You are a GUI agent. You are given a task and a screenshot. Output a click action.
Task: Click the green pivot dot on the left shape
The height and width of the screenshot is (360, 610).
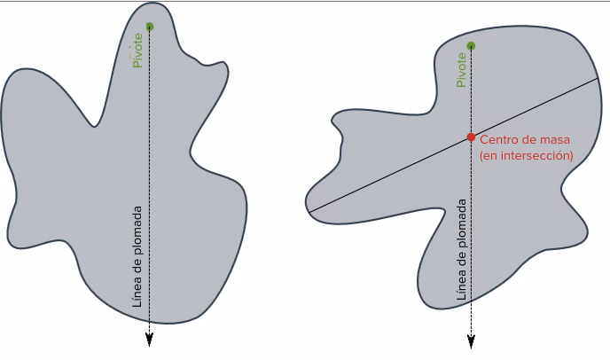150,27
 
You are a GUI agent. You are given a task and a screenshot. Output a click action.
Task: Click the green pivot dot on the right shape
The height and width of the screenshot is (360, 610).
471,46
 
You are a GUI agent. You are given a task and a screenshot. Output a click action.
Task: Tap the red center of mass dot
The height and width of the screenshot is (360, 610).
471,137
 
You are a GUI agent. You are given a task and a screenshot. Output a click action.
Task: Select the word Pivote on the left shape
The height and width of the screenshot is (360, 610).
137,51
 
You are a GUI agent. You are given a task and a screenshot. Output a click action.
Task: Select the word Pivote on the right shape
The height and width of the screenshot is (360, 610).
461,70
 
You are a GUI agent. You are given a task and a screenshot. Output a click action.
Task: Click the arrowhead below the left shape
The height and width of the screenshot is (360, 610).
149,340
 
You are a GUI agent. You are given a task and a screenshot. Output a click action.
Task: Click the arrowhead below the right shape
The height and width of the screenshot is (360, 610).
471,340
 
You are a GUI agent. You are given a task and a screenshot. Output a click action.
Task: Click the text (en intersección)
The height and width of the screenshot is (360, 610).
527,156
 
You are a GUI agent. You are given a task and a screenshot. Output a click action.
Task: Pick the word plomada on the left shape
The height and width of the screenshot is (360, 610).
137,230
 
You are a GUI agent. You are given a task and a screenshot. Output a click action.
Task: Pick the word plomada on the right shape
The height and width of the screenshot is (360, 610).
461,223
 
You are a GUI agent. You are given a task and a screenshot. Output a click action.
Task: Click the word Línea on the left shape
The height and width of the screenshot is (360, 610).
137,292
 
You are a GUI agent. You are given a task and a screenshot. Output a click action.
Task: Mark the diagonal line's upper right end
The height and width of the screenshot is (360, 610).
598,79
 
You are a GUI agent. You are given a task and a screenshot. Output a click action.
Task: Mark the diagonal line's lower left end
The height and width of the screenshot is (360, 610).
309,212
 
